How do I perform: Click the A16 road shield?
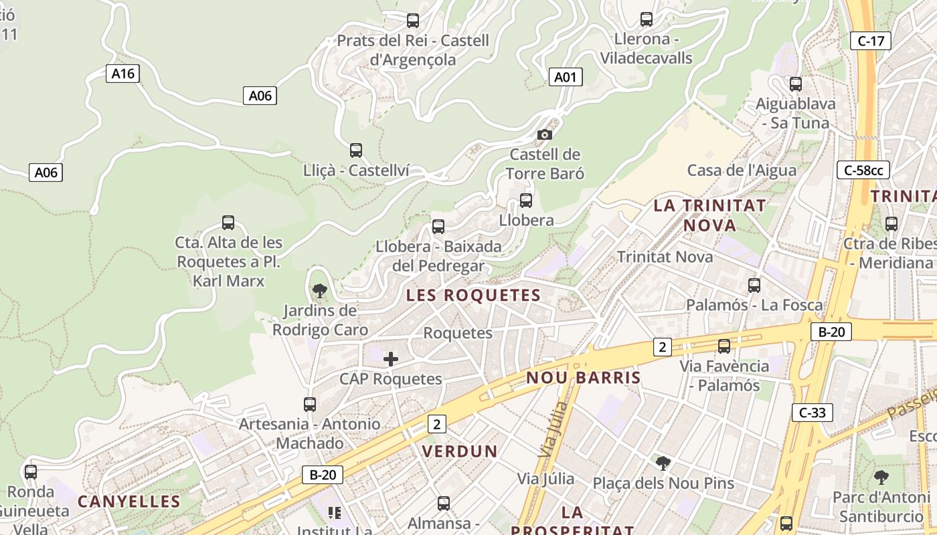pyautogui.click(x=122, y=74)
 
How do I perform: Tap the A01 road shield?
pyautogui.click(x=566, y=77)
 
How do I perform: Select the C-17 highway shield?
pyautogui.click(x=871, y=41)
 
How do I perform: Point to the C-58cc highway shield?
pyautogui.click(x=863, y=170)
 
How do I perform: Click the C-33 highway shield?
pyautogui.click(x=813, y=413)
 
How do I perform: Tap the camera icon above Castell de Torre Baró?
pyautogui.click(x=545, y=134)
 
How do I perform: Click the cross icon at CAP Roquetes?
pyautogui.click(x=391, y=359)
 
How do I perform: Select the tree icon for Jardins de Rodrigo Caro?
pyautogui.click(x=320, y=290)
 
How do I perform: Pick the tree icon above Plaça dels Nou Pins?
pyautogui.click(x=663, y=463)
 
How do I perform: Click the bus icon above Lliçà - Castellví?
pyautogui.click(x=356, y=150)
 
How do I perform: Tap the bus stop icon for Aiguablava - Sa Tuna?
pyautogui.click(x=795, y=84)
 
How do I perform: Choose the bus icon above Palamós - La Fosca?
pyautogui.click(x=754, y=286)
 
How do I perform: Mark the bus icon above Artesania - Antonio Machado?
pyautogui.click(x=309, y=405)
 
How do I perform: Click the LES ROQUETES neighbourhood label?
pyautogui.click(x=473, y=295)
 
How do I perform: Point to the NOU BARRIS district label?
pyautogui.click(x=583, y=378)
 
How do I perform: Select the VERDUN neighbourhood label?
pyautogui.click(x=460, y=451)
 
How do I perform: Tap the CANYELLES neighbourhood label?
pyautogui.click(x=129, y=502)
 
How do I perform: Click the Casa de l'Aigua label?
pyautogui.click(x=742, y=171)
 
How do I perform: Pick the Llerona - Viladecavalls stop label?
pyautogui.click(x=646, y=48)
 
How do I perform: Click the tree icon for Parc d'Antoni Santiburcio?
pyautogui.click(x=881, y=477)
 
